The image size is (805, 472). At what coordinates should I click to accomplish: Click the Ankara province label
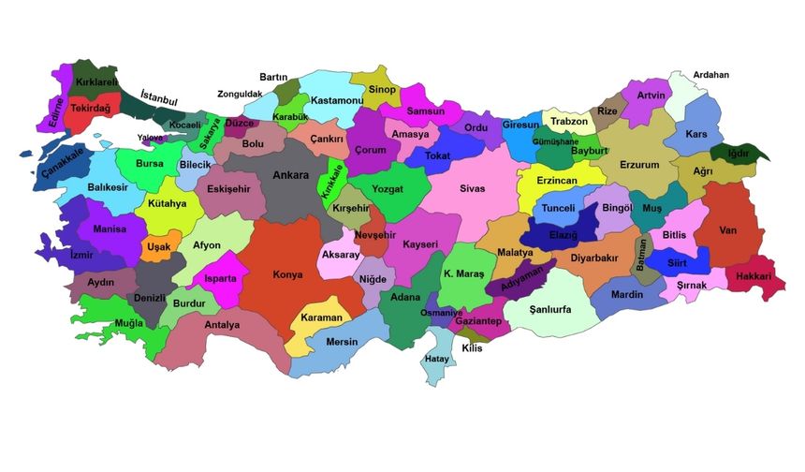coord(290,175)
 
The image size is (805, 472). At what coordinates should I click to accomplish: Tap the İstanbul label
coord(158,96)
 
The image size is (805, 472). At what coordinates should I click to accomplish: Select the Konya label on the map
coord(286,275)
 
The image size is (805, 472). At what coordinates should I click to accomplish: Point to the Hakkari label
coord(754,276)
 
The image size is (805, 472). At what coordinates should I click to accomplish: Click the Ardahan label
coord(710,75)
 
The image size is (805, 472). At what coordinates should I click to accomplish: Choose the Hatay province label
coord(437,359)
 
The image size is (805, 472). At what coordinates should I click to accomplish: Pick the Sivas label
coord(473,188)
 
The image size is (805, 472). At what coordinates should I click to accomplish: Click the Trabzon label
coord(569,122)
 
